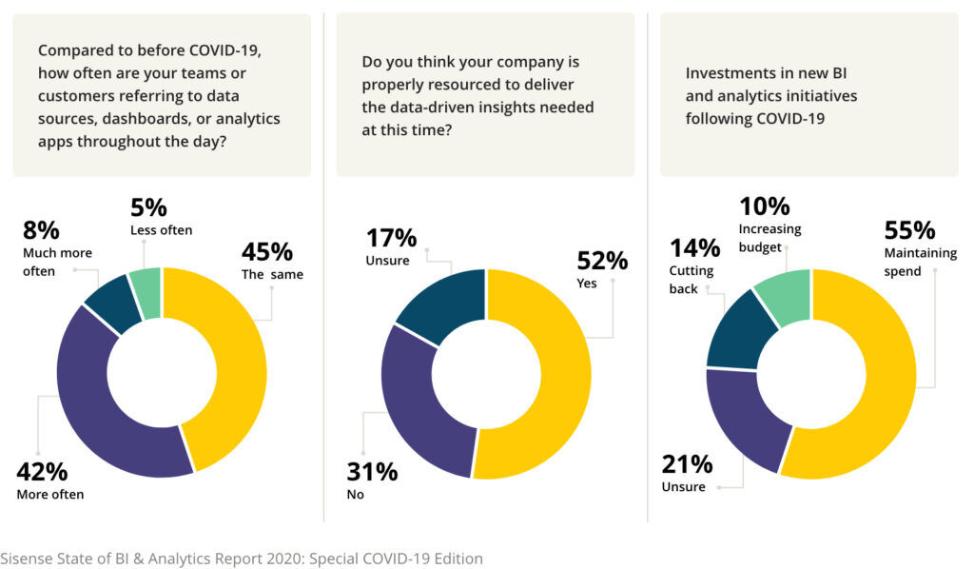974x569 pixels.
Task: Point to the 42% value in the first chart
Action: click(43, 472)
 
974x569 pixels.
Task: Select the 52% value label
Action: click(603, 260)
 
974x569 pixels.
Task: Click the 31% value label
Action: click(372, 471)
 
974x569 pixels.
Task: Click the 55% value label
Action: click(910, 230)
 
